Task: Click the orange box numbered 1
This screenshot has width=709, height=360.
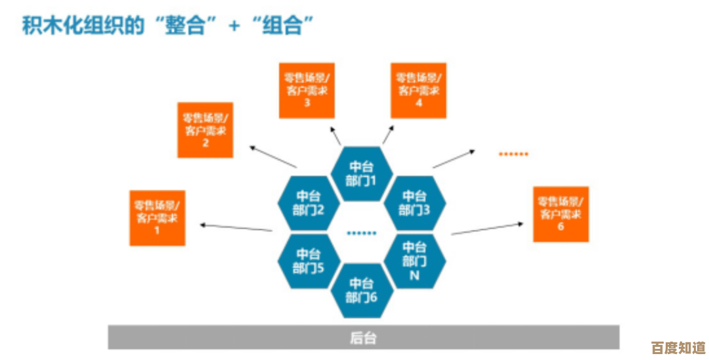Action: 158,217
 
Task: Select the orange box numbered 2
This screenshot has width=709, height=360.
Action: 205,129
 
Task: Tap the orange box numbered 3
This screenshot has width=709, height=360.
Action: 307,90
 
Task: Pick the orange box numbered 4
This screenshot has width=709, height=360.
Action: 418,90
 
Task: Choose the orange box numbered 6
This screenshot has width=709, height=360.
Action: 561,214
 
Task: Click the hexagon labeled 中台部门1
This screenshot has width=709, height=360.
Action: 362,173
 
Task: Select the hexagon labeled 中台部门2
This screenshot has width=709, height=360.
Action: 309,203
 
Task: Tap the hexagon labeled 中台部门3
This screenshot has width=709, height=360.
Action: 414,203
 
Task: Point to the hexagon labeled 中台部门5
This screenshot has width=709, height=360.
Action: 309,261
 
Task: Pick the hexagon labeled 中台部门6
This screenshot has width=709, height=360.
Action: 362,290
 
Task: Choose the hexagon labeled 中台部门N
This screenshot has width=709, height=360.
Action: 414,261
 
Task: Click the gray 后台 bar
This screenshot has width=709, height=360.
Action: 363,338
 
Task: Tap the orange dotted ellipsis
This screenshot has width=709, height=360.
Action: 513,154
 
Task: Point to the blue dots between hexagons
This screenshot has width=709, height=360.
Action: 362,233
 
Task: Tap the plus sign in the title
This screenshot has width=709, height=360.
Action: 234,27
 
